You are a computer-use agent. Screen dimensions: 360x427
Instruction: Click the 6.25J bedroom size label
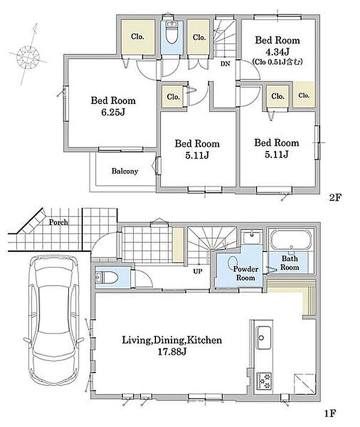click(113, 112)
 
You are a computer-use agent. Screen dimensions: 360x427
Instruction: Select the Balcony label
click(125, 171)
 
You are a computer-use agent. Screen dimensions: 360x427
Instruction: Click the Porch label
click(58, 223)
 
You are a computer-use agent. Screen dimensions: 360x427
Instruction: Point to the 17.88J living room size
click(172, 352)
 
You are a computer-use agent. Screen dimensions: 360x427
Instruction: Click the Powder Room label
click(246, 273)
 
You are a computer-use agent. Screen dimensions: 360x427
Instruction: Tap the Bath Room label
click(290, 263)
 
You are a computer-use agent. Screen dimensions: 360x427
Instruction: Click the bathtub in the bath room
click(291, 240)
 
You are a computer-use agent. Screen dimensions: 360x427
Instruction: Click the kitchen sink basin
click(263, 337)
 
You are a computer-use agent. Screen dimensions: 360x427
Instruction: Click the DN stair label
click(225, 64)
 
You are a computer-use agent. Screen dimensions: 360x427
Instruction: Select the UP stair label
click(198, 271)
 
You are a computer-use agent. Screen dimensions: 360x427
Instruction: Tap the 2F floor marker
click(335, 197)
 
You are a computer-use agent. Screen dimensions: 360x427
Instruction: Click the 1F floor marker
click(330, 413)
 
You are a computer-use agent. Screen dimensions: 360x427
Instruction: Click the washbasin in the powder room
click(252, 238)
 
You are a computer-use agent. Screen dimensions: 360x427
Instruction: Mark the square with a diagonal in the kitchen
click(304, 384)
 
